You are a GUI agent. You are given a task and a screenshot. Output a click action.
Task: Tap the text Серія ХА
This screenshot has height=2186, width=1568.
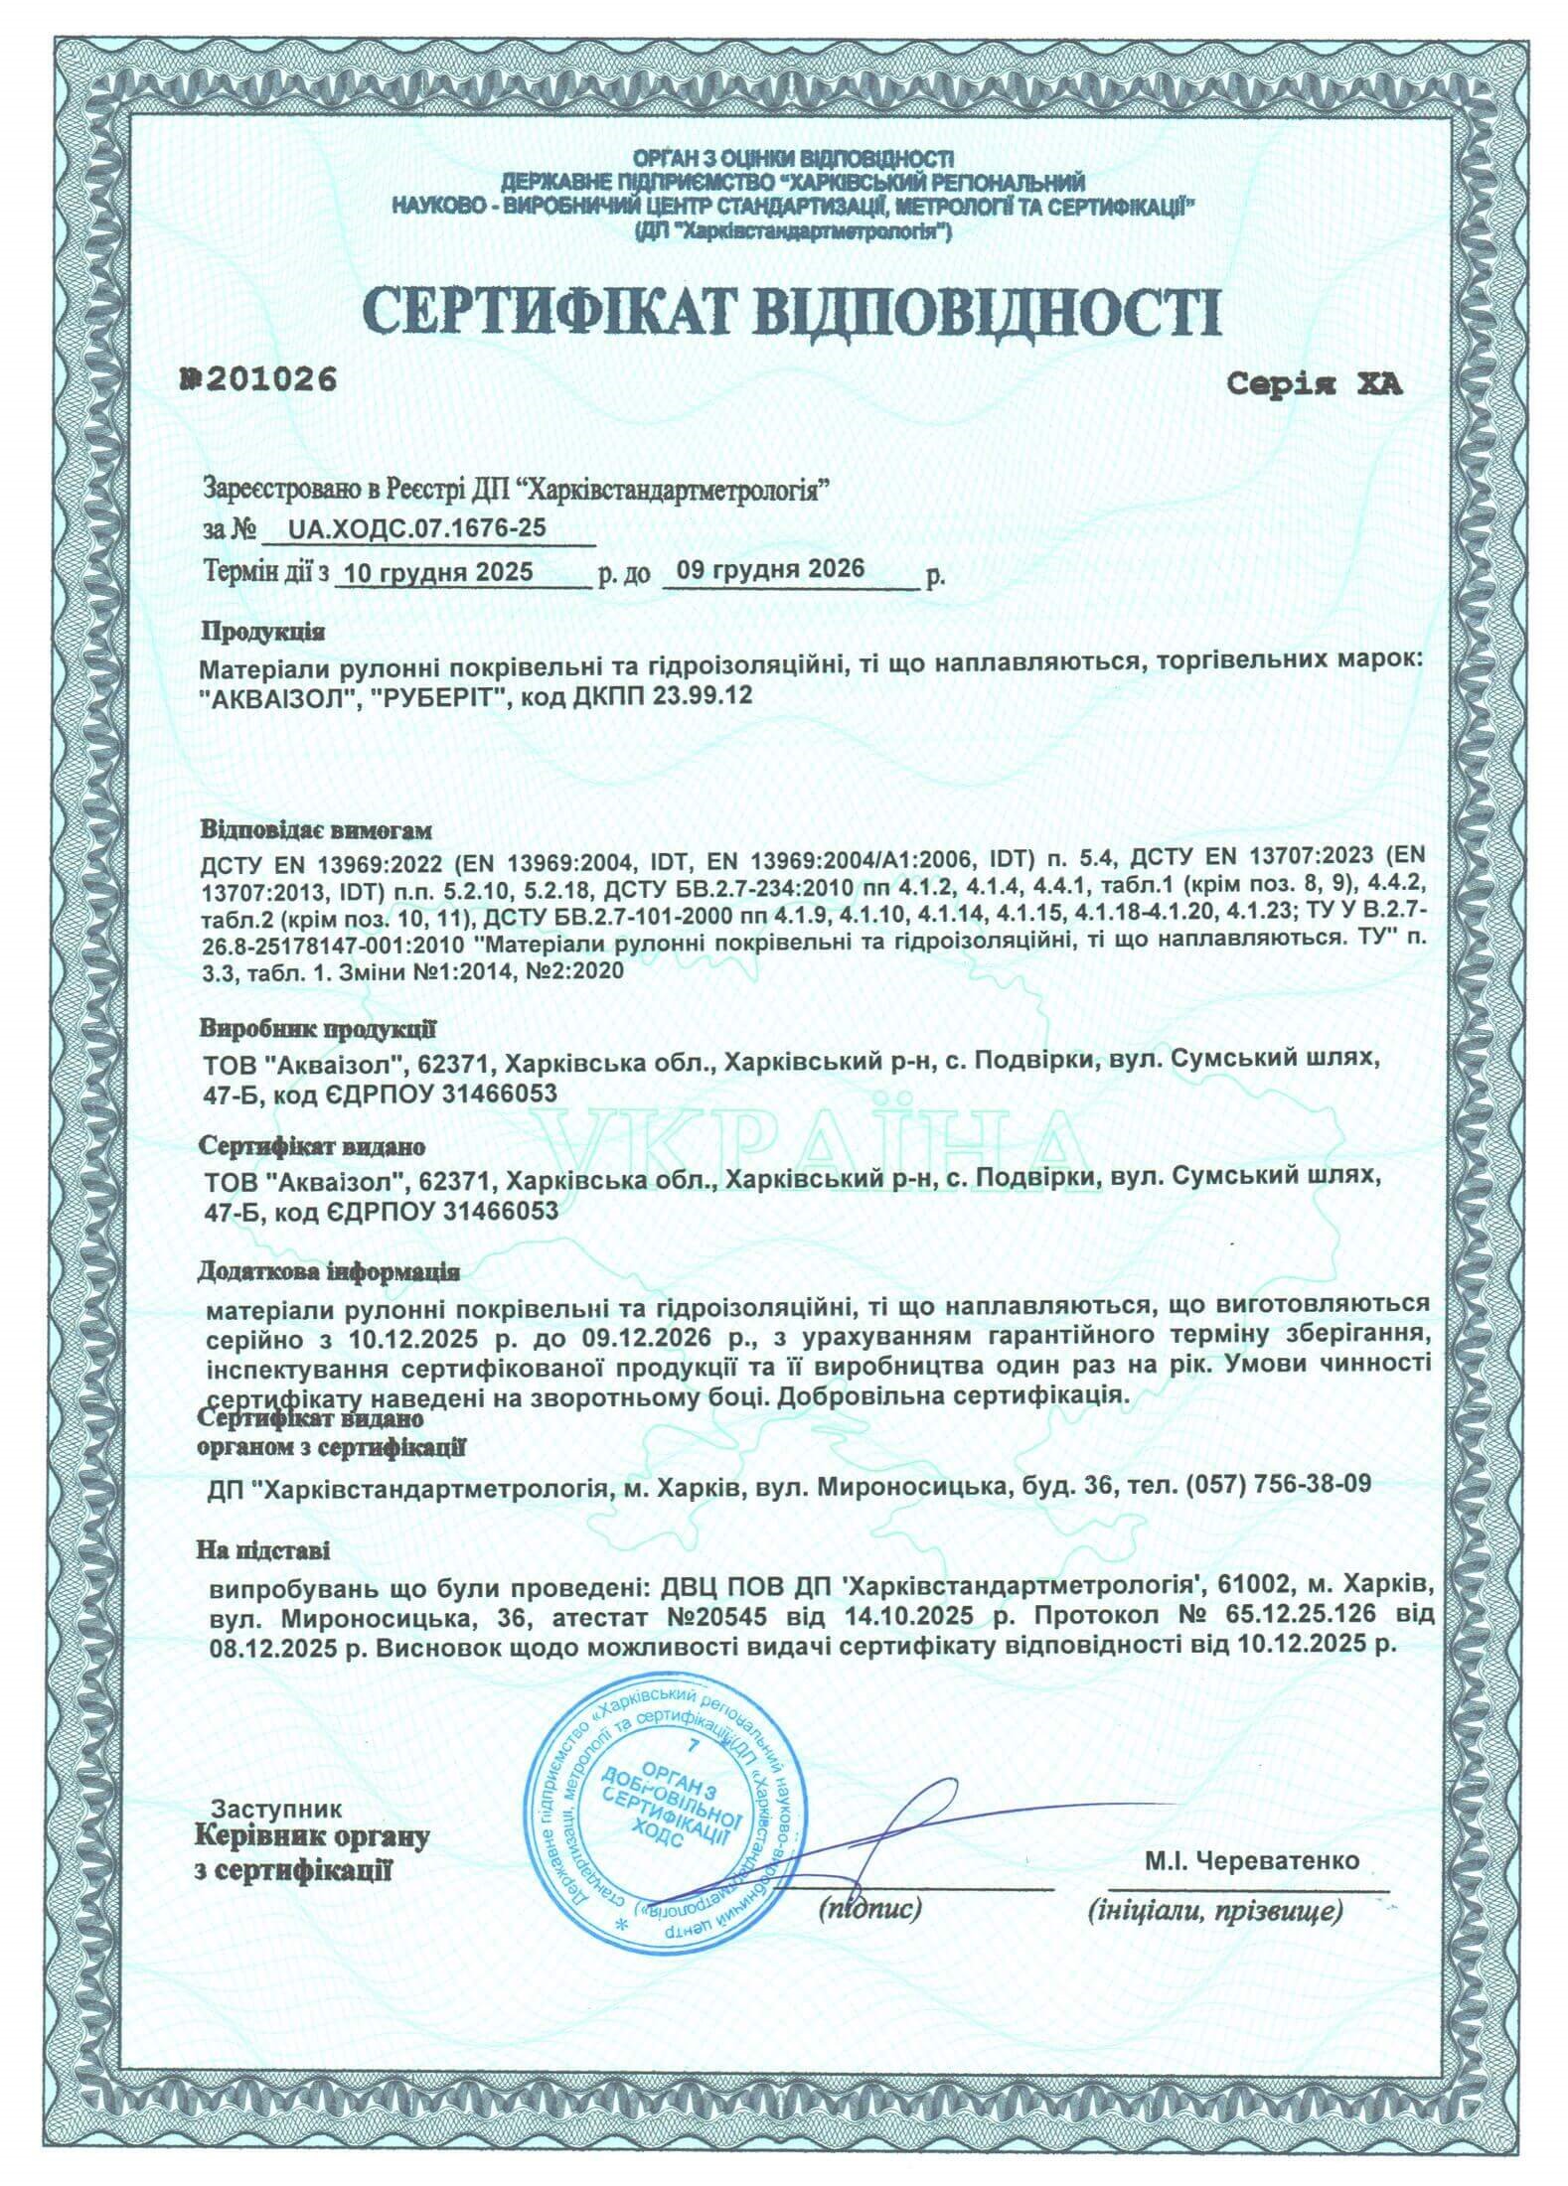pos(1313,385)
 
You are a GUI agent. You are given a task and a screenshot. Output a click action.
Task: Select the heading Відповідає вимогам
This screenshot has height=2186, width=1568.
pos(318,827)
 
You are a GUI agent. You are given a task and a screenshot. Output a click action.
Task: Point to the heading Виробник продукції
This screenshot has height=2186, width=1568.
pos(317,1027)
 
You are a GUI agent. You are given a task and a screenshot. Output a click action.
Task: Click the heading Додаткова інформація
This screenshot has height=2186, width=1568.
pos(329,1271)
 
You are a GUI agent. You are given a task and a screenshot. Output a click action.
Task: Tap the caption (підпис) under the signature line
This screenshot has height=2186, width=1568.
pos(870,1905)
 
